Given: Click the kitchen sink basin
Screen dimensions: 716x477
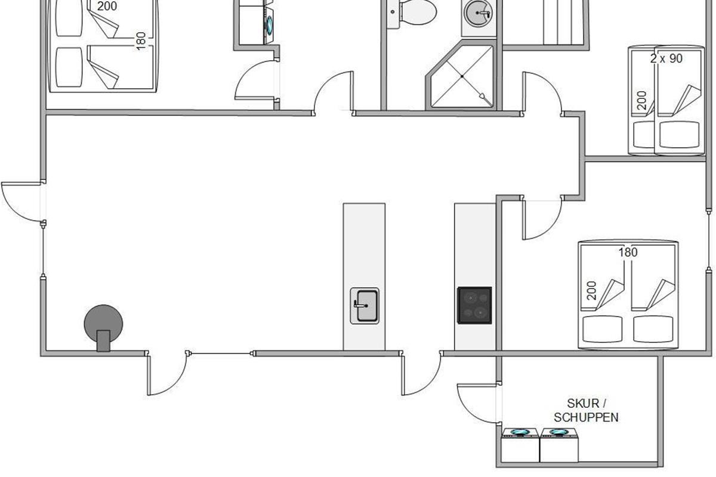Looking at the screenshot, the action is (x=365, y=306).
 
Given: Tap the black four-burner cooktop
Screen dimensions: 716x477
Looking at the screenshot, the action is (x=474, y=305).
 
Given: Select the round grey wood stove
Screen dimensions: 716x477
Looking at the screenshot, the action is (x=103, y=327).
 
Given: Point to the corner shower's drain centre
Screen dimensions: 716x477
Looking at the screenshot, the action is (x=462, y=76).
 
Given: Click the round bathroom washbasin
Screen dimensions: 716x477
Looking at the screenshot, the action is (x=478, y=13).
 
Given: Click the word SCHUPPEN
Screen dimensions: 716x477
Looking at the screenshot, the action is (x=586, y=417).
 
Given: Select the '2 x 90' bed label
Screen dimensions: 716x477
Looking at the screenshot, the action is (x=666, y=58).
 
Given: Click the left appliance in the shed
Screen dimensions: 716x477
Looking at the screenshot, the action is (x=520, y=445).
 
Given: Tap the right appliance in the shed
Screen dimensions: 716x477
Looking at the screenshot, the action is (x=559, y=445).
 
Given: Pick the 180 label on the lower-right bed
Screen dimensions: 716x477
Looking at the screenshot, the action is (x=628, y=252).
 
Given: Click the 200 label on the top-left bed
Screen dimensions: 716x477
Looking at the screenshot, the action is (x=107, y=6).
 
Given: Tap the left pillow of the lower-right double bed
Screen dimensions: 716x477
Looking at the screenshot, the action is (x=602, y=329).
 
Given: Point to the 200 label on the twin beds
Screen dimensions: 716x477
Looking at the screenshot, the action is (x=641, y=100).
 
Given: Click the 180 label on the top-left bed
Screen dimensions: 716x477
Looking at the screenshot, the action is (x=141, y=41).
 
